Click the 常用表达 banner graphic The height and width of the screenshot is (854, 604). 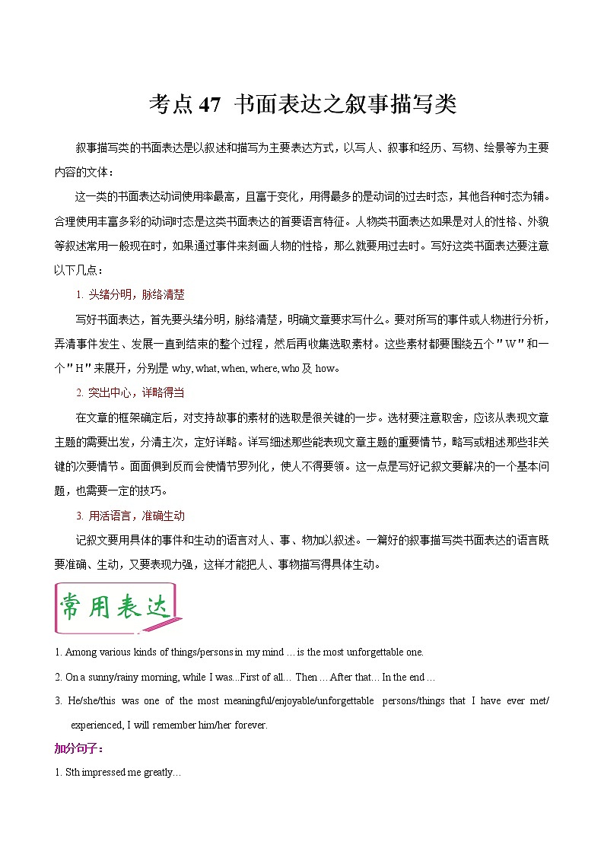116,608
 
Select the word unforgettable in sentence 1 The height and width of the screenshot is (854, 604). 378,652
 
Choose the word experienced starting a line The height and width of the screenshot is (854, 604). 100,725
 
